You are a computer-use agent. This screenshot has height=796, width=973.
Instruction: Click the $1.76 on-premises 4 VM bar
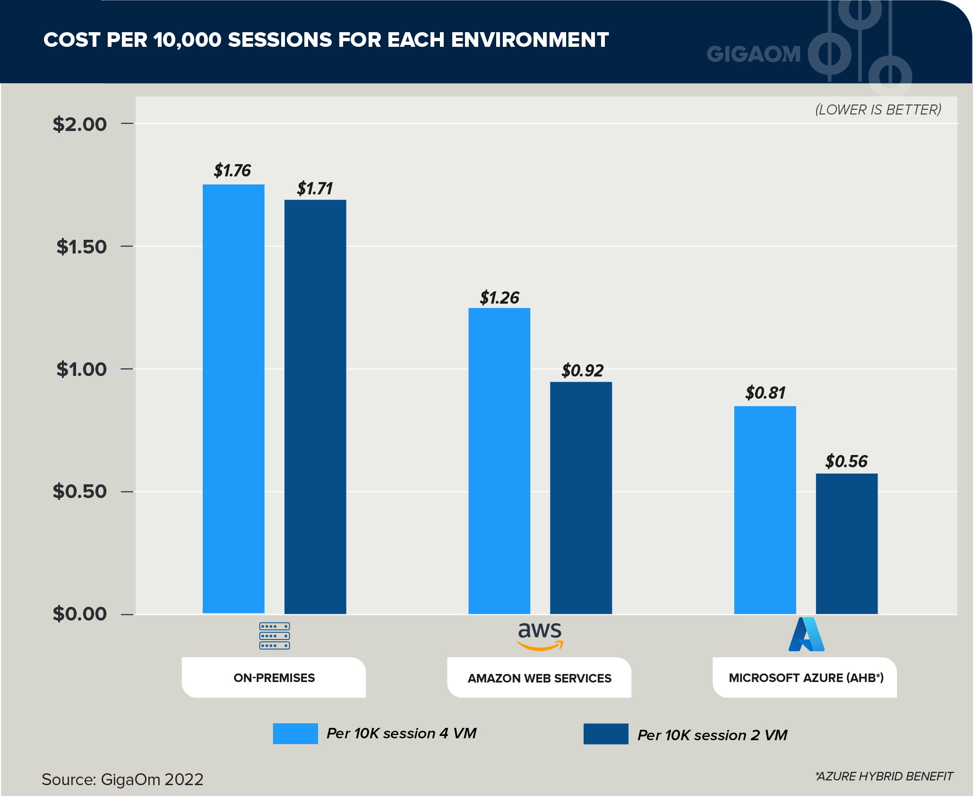233,398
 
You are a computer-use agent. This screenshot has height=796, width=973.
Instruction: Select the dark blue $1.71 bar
315,407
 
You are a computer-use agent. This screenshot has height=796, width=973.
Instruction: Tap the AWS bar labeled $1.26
499,461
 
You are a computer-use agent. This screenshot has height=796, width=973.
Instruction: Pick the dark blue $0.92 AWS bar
581,498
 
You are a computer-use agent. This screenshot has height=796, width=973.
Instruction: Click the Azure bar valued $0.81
765,510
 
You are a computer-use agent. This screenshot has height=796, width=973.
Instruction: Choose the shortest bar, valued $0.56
846,543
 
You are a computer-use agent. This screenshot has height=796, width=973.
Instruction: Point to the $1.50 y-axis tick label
81,246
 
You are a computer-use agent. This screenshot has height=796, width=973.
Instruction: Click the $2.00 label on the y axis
79,124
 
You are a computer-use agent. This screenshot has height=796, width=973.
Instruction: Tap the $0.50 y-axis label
79,491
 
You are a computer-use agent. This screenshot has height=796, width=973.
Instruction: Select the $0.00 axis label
79,614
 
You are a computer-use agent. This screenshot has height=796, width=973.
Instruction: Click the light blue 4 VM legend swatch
295,733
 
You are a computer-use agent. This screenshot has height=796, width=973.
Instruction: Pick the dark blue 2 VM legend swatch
606,734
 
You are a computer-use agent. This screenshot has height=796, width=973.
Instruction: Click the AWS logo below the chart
540,636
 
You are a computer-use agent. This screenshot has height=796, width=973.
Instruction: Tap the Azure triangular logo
806,635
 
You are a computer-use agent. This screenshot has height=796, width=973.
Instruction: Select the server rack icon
274,636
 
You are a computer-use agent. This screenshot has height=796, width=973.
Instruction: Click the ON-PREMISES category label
274,678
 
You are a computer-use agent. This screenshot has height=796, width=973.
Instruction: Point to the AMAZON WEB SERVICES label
539,678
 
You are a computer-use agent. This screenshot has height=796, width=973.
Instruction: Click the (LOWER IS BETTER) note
878,110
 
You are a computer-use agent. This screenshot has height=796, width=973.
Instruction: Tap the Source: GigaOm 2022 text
122,779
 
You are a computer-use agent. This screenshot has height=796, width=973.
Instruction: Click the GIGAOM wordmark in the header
754,54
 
